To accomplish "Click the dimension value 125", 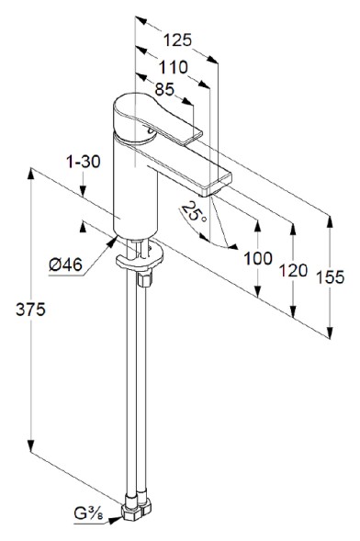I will (x=177, y=39).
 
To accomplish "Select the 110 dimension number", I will (x=172, y=66).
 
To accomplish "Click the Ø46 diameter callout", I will (x=65, y=265).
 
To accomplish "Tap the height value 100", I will (x=259, y=258).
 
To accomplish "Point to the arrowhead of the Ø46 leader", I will (x=114, y=242).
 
